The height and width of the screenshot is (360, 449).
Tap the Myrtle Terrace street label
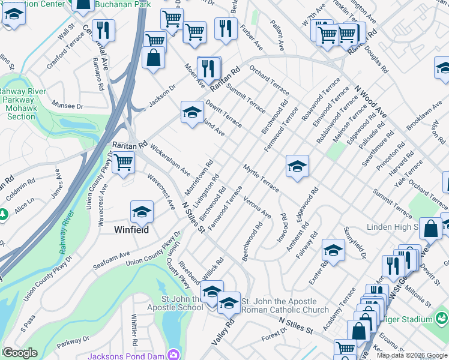pos(261,178)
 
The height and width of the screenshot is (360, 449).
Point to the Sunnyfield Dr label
pos(355,243)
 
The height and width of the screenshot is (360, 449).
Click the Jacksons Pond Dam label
pos(126,355)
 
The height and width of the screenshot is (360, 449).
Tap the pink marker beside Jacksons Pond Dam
pos(174,355)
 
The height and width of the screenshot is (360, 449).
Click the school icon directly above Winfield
pos(142,212)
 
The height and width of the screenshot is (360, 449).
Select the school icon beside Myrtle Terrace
pos(297,166)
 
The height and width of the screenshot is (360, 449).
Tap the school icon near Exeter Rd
pos(333,250)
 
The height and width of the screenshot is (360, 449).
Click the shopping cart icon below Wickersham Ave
pos(123,162)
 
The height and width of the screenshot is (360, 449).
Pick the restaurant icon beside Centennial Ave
pos(104,30)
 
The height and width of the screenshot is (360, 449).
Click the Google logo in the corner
pos(20,353)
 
